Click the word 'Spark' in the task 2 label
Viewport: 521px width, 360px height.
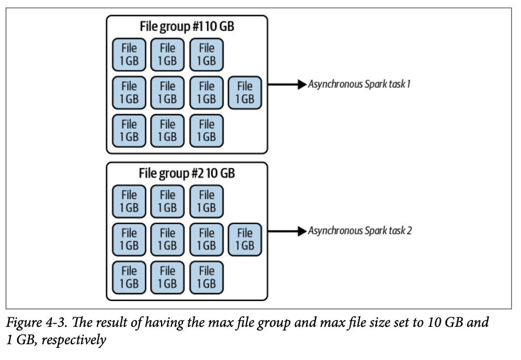377,231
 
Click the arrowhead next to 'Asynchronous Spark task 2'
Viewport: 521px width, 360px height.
302,231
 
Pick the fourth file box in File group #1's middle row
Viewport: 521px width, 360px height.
245,93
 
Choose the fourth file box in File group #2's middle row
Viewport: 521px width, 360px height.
245,239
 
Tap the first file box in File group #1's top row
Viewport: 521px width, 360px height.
129,54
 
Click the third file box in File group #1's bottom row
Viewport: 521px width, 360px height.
206,131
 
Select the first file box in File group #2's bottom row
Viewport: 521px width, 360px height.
129,277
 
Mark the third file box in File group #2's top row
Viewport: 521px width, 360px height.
206,201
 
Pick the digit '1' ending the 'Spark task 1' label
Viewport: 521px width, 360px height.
409,84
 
